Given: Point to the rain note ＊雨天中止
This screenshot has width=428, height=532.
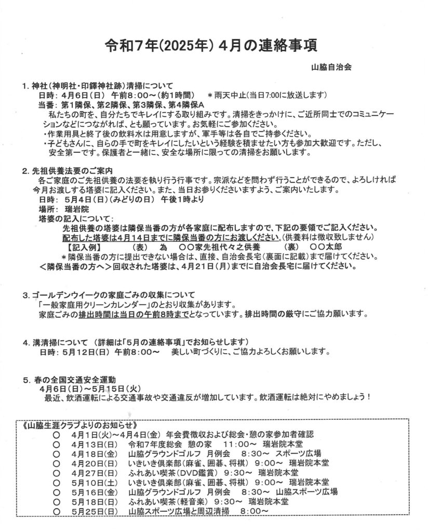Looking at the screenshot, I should [x=225, y=95].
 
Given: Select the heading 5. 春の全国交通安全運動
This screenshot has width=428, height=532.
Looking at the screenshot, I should [x=72, y=379].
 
